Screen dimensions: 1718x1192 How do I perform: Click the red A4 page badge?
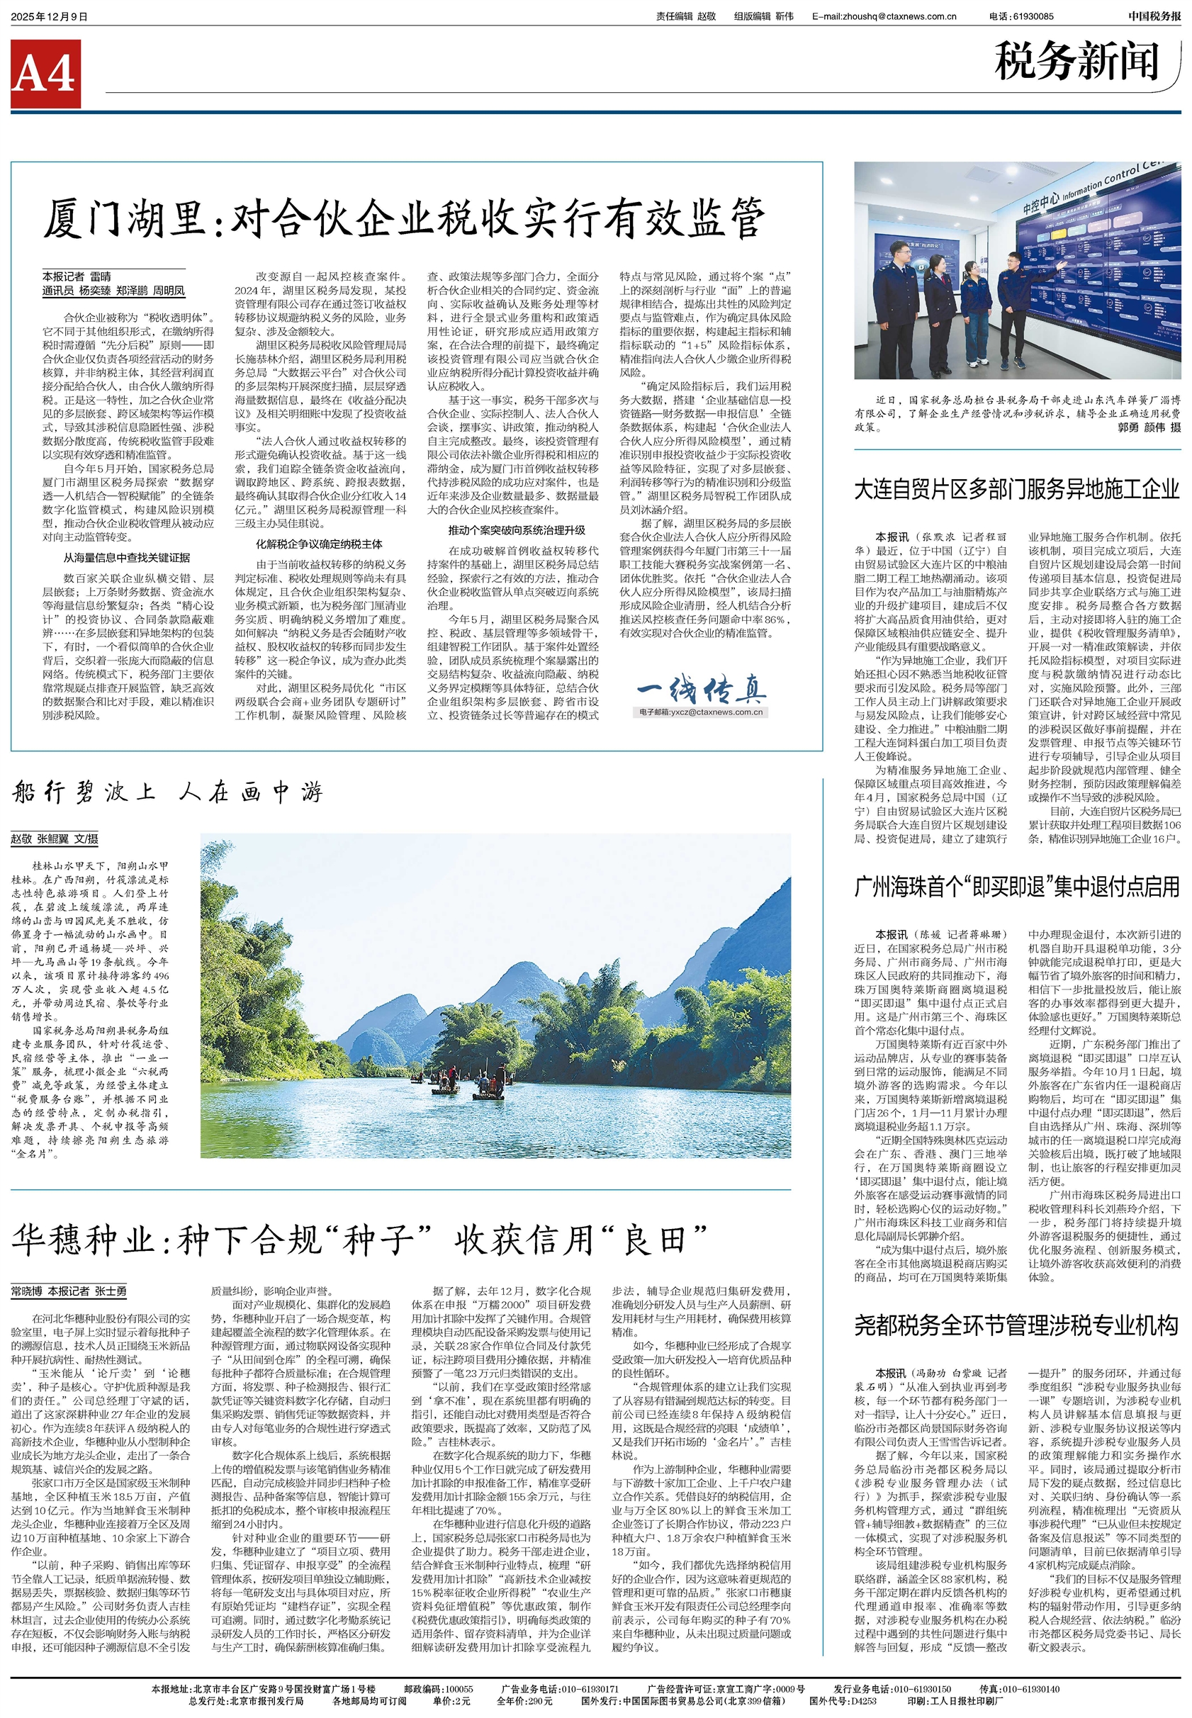pos(45,74)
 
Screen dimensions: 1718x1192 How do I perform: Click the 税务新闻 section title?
pos(1076,62)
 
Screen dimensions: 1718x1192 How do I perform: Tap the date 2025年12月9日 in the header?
pos(50,16)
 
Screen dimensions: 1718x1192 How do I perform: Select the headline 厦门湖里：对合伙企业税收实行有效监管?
pos(403,218)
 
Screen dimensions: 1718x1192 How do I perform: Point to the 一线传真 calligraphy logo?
pos(702,690)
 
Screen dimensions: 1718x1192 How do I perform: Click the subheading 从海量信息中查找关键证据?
pos(126,557)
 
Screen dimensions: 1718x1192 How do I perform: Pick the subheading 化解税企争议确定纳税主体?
pos(319,544)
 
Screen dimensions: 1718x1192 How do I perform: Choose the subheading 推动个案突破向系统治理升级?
pos(517,529)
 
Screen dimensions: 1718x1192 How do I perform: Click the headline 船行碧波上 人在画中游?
pos(167,792)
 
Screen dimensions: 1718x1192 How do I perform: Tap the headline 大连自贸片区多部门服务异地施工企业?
pos(1016,490)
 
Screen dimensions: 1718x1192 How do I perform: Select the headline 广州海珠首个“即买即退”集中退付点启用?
pos(1016,887)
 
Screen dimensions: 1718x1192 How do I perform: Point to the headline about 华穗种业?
pos(359,1240)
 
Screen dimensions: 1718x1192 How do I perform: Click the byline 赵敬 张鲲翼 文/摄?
pos(55,839)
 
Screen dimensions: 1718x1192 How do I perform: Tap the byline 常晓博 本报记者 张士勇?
pos(69,1291)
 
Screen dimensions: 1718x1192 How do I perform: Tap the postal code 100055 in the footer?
pos(458,1689)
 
